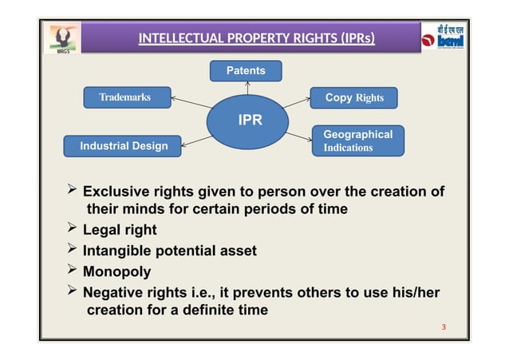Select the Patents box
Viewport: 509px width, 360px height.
coord(246,71)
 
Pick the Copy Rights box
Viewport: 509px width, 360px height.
coord(353,98)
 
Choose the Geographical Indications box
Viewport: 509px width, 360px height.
coord(357,140)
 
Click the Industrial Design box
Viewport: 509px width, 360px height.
coord(124,146)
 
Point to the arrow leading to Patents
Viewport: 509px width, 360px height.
coord(248,89)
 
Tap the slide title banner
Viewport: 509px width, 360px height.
coord(257,38)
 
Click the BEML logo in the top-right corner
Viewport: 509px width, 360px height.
coord(444,38)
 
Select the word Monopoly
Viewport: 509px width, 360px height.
coord(117,271)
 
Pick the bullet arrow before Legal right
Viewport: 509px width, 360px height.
coord(70,231)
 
